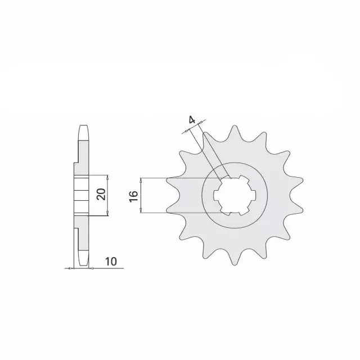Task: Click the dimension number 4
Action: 192,120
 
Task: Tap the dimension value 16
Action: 133,196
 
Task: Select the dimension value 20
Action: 101,195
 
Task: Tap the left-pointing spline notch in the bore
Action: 218,196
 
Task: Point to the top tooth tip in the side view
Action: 83,127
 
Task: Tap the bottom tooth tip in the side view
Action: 83,264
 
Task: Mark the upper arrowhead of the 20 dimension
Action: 107,175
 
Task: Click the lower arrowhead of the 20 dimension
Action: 107,215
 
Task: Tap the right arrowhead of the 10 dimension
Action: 90,269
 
